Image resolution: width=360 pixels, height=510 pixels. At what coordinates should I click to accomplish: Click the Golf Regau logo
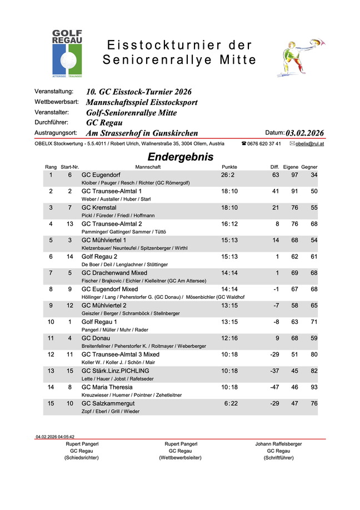click(67, 53)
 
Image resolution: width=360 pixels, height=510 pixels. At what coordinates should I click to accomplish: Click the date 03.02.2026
click(304, 133)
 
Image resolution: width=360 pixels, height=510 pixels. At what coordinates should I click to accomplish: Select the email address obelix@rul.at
click(310, 144)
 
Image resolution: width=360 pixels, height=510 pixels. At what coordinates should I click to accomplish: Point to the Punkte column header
click(229, 167)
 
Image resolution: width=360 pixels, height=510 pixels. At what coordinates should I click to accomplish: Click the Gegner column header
click(309, 167)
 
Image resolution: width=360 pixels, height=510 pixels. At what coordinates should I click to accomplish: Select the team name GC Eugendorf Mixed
click(109, 289)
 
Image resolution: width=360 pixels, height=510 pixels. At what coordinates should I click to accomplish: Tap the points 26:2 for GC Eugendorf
click(228, 175)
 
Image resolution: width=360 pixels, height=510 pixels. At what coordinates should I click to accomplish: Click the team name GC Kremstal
click(100, 207)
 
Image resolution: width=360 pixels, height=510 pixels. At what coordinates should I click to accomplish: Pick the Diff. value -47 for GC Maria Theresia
click(274, 387)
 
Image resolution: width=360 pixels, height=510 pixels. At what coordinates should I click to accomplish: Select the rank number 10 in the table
click(51, 322)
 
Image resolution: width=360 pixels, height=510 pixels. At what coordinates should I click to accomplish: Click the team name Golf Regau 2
click(99, 257)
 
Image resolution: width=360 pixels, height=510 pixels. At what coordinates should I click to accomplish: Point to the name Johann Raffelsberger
click(278, 444)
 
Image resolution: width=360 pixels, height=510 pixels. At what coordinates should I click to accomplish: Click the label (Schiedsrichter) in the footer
click(82, 458)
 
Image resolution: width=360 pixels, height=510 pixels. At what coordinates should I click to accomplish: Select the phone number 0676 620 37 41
click(264, 144)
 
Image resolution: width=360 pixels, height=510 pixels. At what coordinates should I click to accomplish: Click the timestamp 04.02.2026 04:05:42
click(55, 437)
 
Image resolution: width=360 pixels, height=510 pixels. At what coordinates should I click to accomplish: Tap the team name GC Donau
click(96, 338)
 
